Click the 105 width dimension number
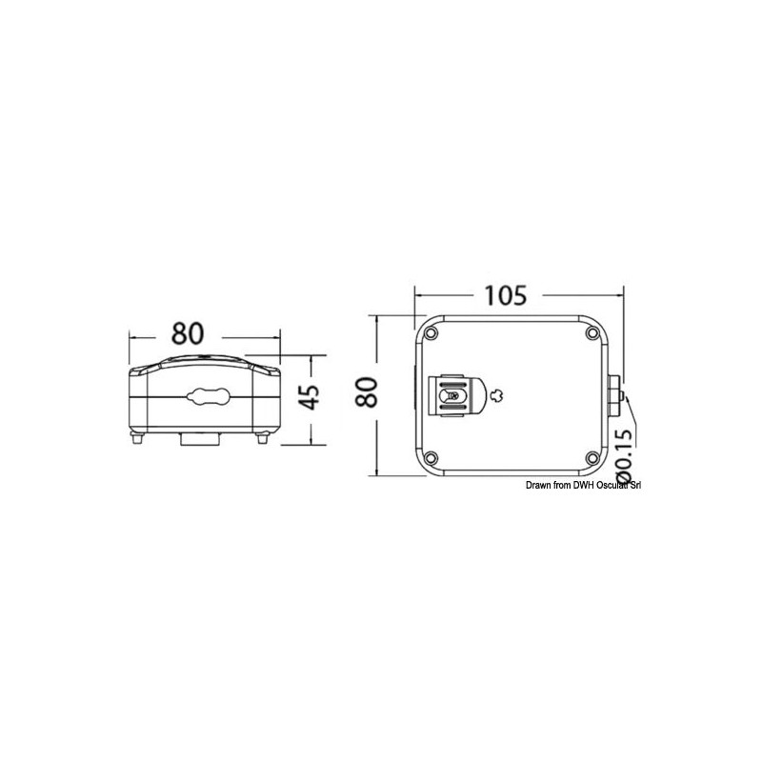pos(506,295)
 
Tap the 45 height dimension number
pos(311,397)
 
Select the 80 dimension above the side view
pos(188,334)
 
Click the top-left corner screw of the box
pos(431,333)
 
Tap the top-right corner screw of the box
pos(592,332)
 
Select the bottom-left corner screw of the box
pos(431,458)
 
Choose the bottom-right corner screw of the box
pos(592,457)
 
